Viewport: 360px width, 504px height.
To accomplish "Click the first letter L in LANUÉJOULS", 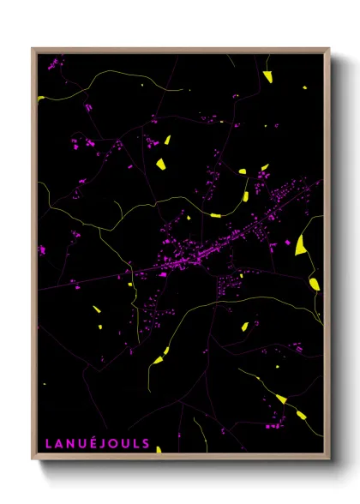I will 48,444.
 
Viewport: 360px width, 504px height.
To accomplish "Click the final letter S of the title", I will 148,444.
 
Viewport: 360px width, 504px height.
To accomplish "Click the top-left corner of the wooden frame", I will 33,49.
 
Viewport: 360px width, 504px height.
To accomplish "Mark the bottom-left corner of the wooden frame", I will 33,460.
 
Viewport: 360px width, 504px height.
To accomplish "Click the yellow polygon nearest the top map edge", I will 267,76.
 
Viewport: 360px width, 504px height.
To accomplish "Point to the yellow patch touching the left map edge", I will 40,98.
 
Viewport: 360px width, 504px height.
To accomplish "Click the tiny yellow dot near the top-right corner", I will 303,87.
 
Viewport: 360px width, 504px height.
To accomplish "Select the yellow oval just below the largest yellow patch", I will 315,282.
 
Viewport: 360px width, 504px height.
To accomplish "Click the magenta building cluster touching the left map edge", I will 41,249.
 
